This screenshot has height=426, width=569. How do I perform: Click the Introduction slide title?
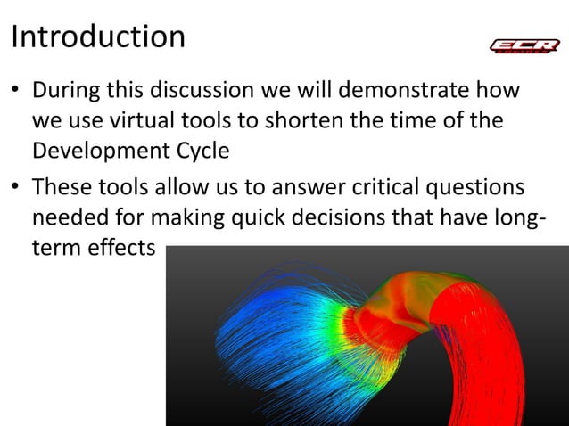point(98,37)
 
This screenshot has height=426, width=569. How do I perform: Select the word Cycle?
point(202,150)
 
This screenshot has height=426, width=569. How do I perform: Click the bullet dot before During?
point(16,93)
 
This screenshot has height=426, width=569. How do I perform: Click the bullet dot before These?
point(16,189)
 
